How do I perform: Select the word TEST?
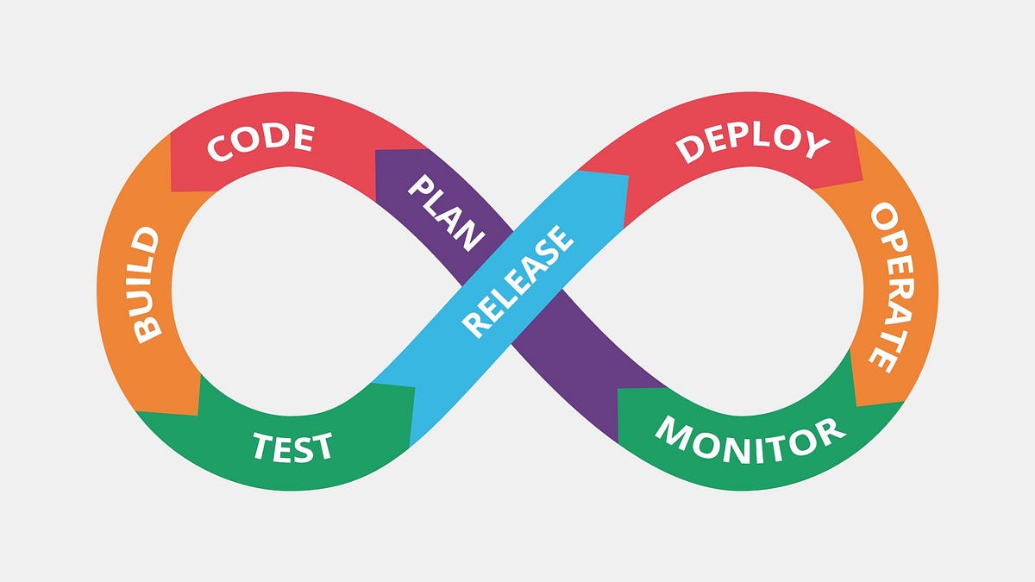pos(292,447)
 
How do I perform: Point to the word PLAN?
pos(444,212)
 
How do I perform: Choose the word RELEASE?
pos(517,280)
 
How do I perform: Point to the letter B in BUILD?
pos(149,329)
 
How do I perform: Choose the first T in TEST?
pos(262,447)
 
